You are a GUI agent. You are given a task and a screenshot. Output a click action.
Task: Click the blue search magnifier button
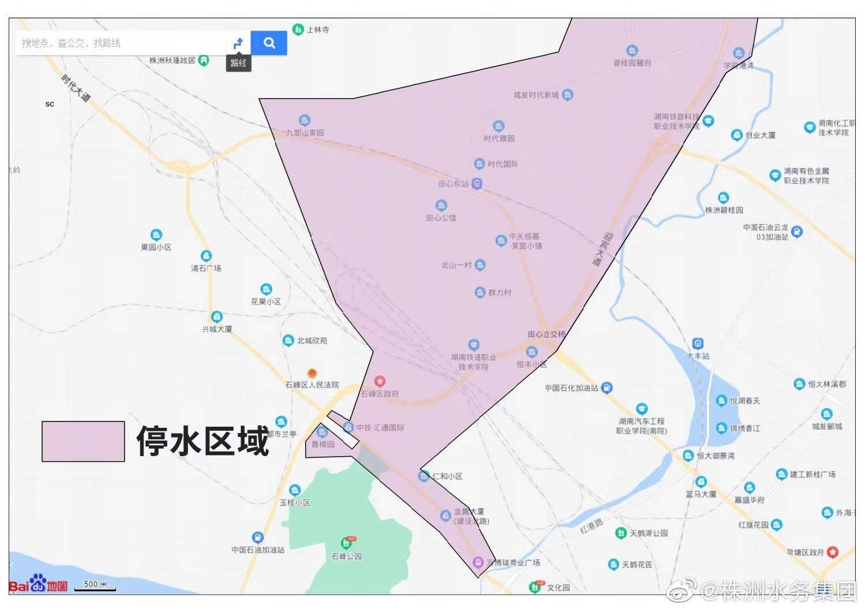tap(269, 43)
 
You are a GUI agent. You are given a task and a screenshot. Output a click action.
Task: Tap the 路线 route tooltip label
tap(238, 63)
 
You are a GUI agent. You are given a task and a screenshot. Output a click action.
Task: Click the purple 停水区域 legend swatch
tap(83, 441)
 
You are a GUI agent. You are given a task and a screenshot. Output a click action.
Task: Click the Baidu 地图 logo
tap(38, 584)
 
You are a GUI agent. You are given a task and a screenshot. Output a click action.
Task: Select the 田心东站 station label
tap(454, 184)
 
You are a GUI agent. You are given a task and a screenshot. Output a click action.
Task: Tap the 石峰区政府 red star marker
tap(379, 382)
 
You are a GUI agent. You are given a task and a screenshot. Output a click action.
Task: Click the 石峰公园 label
tap(347, 556)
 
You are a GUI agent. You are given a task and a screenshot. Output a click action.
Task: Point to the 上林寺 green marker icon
tap(298, 29)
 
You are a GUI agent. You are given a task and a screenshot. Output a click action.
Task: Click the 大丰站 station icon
tap(698, 344)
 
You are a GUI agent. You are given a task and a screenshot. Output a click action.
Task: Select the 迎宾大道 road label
tap(601, 249)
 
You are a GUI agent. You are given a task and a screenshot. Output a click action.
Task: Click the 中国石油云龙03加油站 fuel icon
tap(796, 232)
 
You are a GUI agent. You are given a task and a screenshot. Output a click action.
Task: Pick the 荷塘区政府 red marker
tap(832, 552)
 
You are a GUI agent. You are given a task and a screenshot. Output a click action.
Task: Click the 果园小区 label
tap(156, 247)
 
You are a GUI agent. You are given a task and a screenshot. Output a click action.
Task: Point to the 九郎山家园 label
tap(305, 133)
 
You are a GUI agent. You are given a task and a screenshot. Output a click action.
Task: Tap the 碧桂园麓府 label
tap(632, 63)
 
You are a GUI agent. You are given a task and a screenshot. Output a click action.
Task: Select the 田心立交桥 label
tap(546, 334)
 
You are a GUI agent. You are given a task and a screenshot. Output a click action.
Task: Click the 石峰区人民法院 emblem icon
tap(312, 374)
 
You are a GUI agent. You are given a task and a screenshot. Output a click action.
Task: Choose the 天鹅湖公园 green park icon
tap(620, 533)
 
